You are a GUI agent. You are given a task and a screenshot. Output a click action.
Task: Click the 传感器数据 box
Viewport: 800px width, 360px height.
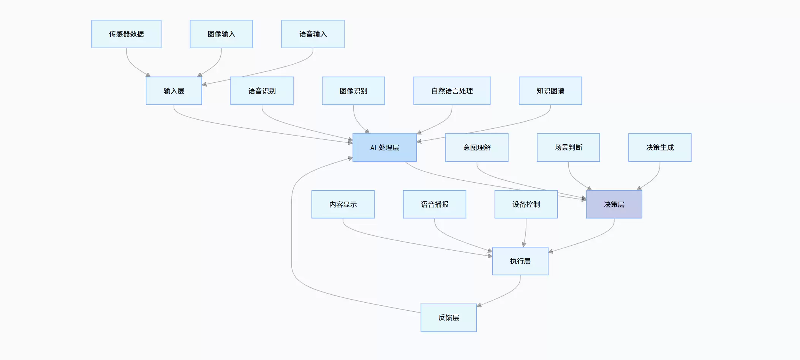tap(126, 34)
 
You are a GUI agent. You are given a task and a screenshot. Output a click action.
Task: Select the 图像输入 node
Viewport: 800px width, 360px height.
tap(221, 34)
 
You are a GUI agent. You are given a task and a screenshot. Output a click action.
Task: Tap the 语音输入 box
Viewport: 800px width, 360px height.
tap(313, 34)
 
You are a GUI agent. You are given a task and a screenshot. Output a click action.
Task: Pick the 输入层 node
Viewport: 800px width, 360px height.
tap(174, 91)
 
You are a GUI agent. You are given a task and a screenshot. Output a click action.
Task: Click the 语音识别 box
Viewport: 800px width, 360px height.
tap(262, 91)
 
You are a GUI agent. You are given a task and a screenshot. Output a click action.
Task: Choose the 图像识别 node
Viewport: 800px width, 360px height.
tap(354, 91)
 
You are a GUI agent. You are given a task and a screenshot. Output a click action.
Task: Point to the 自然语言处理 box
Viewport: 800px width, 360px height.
tap(452, 91)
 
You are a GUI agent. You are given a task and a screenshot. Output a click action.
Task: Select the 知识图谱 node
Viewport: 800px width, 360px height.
tap(550, 91)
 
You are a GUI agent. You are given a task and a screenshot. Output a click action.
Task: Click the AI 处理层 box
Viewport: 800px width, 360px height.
tap(385, 148)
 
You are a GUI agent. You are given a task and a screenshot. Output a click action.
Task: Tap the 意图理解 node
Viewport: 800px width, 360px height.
tap(477, 148)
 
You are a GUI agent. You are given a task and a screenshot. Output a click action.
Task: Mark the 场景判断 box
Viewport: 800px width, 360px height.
tap(569, 148)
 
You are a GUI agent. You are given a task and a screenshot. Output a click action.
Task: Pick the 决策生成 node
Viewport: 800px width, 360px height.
tap(660, 148)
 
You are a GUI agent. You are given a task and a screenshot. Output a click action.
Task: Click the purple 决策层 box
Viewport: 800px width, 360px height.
tap(614, 204)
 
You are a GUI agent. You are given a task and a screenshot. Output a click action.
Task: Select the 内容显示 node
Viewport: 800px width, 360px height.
tap(343, 204)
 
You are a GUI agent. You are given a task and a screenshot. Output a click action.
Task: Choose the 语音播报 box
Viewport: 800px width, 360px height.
tap(435, 204)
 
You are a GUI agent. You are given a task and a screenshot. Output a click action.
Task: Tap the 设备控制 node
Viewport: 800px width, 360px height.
tap(526, 204)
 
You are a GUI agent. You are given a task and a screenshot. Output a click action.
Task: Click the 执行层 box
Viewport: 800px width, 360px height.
tap(520, 261)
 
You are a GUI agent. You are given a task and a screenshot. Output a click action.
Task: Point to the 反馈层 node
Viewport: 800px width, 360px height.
tap(449, 318)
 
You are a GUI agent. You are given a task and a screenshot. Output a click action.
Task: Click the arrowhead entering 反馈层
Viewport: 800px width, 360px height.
tap(479, 305)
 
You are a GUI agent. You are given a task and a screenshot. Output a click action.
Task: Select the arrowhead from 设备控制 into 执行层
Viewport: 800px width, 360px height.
tap(524, 245)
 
